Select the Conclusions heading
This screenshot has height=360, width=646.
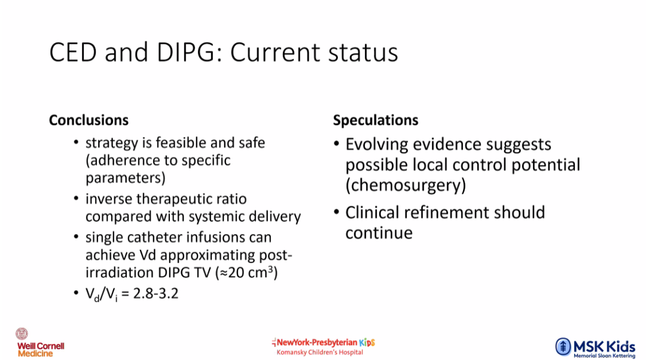tap(89, 120)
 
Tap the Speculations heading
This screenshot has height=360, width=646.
tap(375, 120)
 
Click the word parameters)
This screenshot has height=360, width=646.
tap(126, 178)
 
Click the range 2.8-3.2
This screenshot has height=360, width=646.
tap(156, 294)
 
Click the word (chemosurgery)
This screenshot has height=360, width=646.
tap(406, 185)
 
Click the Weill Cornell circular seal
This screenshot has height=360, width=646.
tap(22, 334)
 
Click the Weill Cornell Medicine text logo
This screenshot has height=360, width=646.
tap(41, 350)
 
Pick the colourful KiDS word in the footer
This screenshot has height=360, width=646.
tap(367, 342)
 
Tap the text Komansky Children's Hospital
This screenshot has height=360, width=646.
tap(319, 352)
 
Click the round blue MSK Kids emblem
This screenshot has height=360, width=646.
tap(563, 346)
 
